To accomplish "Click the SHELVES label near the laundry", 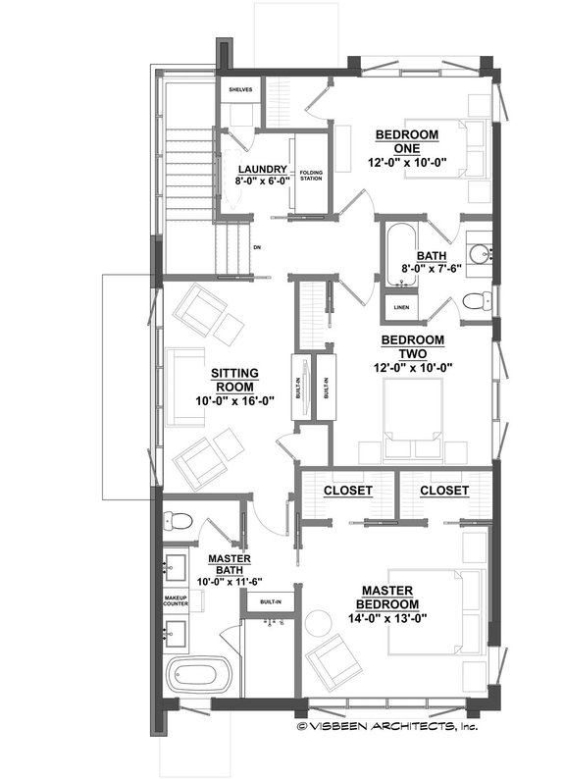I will point(240,89).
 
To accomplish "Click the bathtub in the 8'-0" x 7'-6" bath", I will point(398,256).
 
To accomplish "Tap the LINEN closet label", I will point(401,307).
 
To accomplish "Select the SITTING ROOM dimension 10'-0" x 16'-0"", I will point(234,400).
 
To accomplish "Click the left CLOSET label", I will point(346,490).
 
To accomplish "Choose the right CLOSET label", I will point(443,490).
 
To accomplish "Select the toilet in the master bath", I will point(183,520).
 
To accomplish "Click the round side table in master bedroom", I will point(319,622).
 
